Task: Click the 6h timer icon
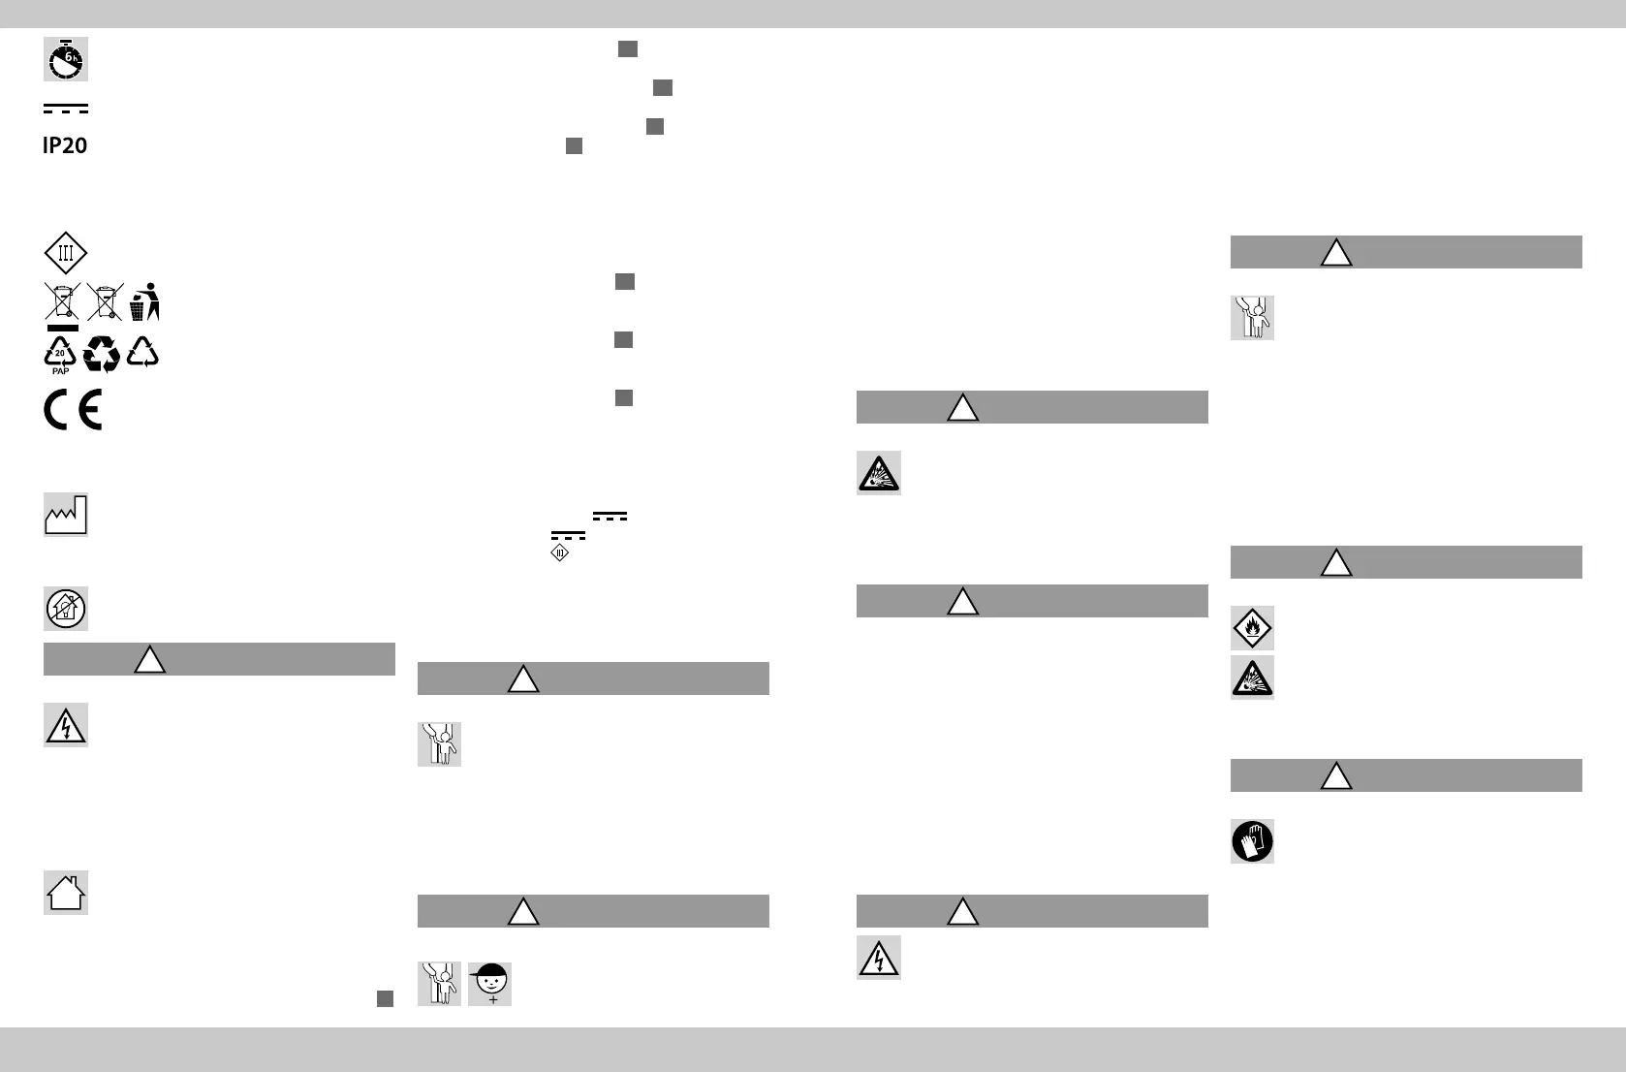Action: tap(65, 59)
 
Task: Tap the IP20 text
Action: tap(65, 146)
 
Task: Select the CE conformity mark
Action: tap(73, 411)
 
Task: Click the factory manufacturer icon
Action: tap(65, 515)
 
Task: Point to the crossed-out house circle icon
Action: tap(65, 609)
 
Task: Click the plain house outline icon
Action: tap(65, 893)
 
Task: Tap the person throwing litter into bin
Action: tap(144, 301)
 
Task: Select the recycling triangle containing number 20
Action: tap(60, 352)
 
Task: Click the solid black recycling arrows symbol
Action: tap(102, 355)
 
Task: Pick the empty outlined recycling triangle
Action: tap(143, 352)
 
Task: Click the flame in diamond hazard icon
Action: tap(1252, 628)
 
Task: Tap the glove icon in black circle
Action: tap(1252, 841)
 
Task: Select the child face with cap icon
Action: tap(489, 984)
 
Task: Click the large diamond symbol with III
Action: tap(65, 254)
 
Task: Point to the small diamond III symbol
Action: tap(559, 552)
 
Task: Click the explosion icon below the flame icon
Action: tap(1252, 678)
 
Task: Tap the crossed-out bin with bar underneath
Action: tap(62, 303)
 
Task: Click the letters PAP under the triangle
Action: tap(60, 371)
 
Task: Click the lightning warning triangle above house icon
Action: tap(65, 725)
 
